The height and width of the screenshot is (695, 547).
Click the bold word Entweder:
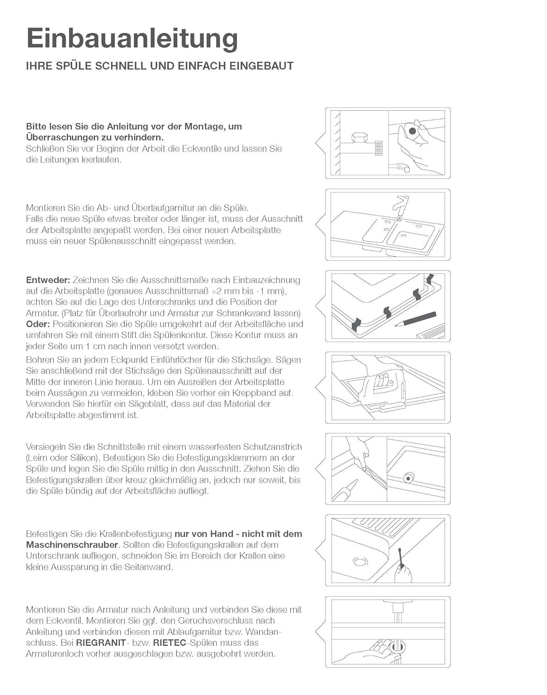[x=48, y=280]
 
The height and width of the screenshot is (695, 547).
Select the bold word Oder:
[x=38, y=324]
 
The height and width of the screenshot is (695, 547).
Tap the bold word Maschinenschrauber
[x=72, y=545]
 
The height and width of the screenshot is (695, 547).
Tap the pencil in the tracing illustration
[x=415, y=319]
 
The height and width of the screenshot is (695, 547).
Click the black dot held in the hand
[x=412, y=131]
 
